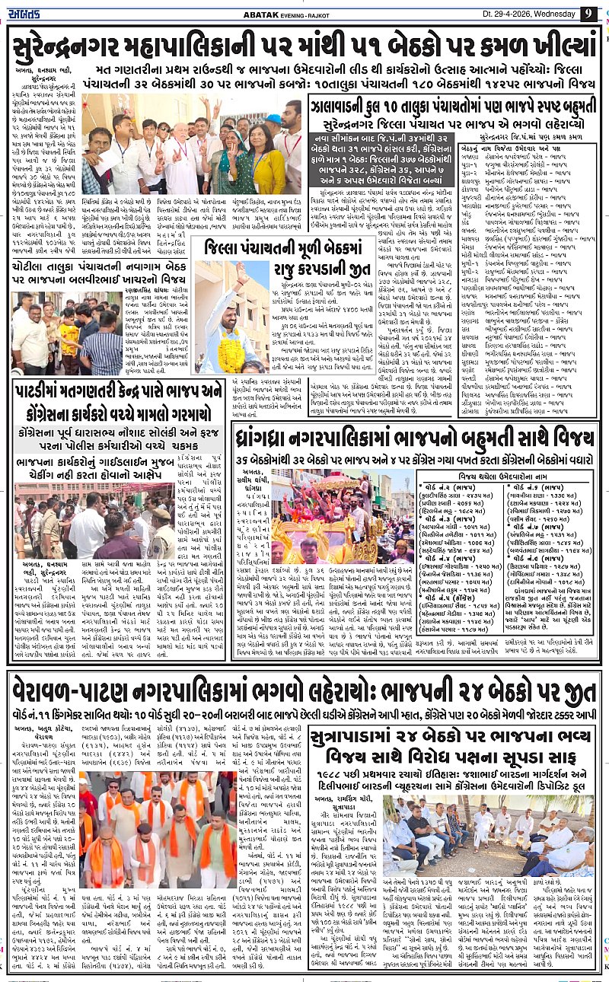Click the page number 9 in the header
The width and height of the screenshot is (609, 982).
tap(588, 13)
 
